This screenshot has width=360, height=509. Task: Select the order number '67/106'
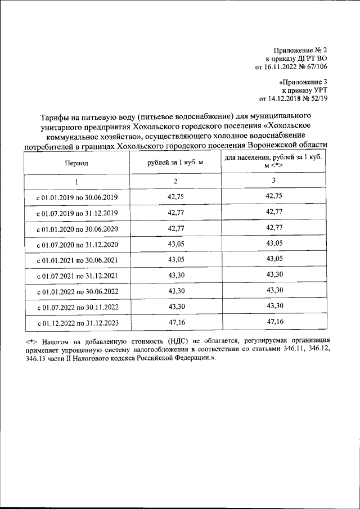tap(315, 67)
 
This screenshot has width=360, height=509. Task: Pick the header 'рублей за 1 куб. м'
tap(175, 163)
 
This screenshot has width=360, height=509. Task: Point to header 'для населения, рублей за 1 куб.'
tap(273, 159)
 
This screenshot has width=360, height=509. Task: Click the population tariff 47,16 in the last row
tap(273, 322)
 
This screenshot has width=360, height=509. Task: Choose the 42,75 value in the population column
tap(273, 195)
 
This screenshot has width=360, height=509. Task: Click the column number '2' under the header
tap(175, 181)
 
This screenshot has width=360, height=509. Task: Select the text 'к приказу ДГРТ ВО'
tap(296, 58)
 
